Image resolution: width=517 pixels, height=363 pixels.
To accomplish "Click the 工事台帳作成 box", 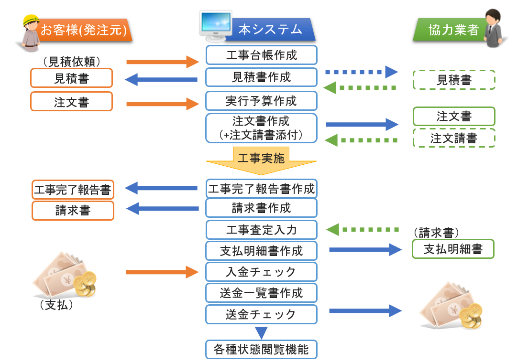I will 262,55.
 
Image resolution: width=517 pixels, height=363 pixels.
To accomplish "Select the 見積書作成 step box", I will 262,77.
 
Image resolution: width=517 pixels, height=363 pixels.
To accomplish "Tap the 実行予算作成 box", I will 262,101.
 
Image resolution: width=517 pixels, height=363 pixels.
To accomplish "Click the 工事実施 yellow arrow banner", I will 261,158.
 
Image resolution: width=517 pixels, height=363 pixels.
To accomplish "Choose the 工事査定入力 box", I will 262,230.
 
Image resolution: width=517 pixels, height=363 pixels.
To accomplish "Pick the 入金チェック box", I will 262,272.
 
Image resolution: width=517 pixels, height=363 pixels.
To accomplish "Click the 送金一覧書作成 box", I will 262,293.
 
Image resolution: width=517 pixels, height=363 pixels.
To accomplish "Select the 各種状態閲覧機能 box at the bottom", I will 262,349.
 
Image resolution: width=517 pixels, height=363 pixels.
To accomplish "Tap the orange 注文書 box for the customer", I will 71,102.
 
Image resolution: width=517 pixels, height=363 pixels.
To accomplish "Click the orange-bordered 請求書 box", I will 73,211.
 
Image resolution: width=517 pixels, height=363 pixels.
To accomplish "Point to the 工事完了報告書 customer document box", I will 73,190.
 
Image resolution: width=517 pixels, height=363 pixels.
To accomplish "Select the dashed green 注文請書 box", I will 454,138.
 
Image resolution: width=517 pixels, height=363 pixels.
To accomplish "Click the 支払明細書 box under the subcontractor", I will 453,249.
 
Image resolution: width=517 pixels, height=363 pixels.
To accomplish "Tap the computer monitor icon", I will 216,25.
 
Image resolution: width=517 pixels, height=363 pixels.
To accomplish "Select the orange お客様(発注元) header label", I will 84,30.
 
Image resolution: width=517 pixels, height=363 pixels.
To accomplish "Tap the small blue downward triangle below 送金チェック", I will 261,332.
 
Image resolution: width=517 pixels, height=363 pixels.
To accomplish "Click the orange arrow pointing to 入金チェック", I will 162,272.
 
